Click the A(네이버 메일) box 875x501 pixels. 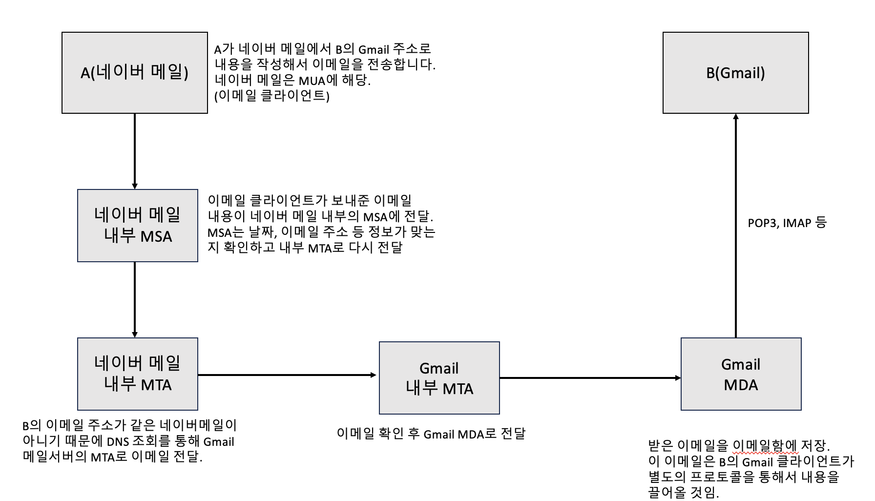[135, 73]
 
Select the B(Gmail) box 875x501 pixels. [735, 73]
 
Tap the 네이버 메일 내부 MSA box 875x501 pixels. [138, 226]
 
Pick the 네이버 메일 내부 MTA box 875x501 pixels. [138, 374]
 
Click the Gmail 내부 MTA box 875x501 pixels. [439, 378]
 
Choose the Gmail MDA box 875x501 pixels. [741, 374]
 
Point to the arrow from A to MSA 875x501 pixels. [135, 151]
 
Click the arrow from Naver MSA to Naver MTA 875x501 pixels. [135, 299]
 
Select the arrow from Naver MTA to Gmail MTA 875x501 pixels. [288, 375]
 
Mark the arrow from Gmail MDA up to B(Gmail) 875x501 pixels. [736, 225]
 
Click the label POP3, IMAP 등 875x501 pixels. [787, 223]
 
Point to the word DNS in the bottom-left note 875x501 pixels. [118, 442]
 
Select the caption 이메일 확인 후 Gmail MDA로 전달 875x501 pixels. [431, 434]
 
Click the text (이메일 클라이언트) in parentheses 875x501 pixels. [272, 96]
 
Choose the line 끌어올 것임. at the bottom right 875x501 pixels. [684, 493]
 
